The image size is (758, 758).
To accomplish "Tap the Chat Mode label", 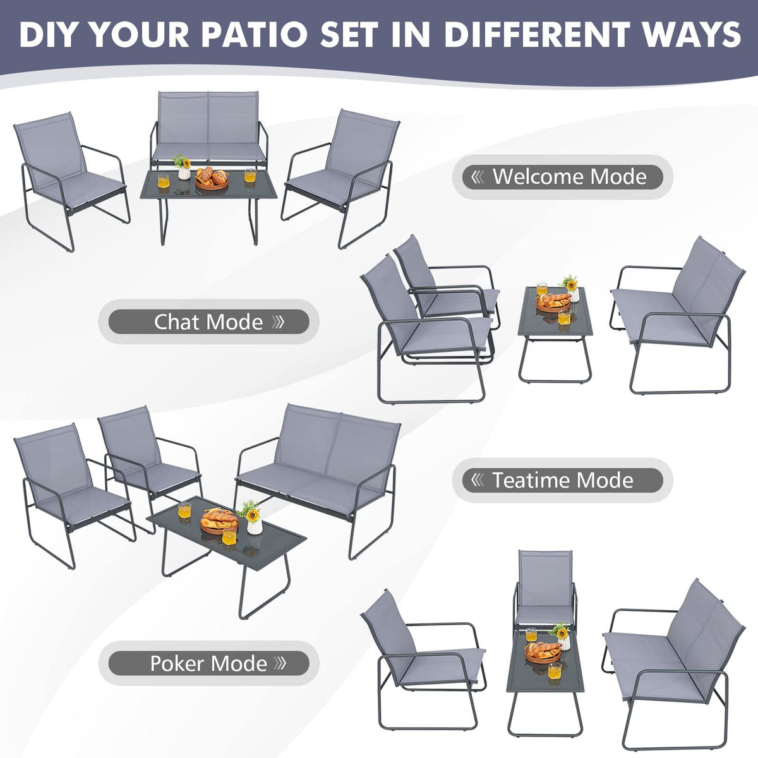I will tap(208, 322).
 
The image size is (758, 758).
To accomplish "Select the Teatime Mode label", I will tap(562, 480).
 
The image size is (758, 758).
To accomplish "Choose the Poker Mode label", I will tap(208, 663).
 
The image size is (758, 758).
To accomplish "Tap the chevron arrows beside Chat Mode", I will tap(278, 322).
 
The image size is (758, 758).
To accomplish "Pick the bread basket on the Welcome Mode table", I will tap(211, 179).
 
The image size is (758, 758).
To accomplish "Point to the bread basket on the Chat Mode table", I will tap(553, 301).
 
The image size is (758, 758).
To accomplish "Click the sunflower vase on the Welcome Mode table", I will tap(183, 167).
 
